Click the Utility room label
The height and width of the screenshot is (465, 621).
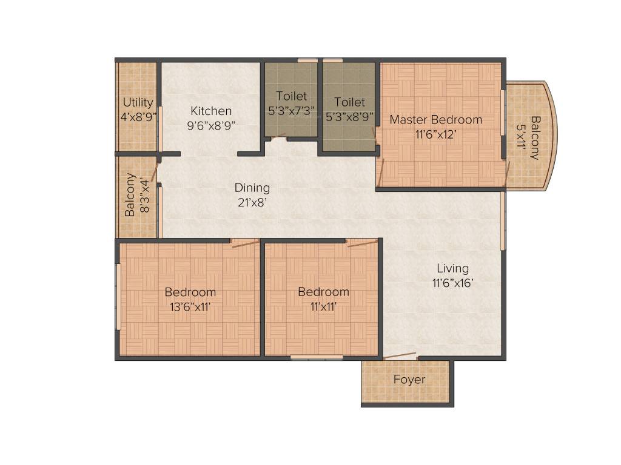pyautogui.click(x=138, y=102)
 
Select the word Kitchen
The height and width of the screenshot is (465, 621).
pyautogui.click(x=211, y=111)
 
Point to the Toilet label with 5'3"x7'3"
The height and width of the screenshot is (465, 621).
pyautogui.click(x=291, y=96)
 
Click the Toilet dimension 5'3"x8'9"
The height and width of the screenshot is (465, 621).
pyautogui.click(x=349, y=116)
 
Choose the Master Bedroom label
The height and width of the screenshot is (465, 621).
pyautogui.click(x=435, y=119)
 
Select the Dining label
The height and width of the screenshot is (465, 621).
pyautogui.click(x=252, y=188)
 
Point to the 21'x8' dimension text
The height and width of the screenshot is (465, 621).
pyautogui.click(x=252, y=202)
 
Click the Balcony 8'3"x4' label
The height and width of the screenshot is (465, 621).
pyautogui.click(x=136, y=194)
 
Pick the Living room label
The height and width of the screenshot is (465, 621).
pyautogui.click(x=452, y=268)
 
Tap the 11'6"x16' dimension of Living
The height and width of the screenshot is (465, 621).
pyautogui.click(x=452, y=282)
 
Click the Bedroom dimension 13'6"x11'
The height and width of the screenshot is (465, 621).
pyautogui.click(x=190, y=306)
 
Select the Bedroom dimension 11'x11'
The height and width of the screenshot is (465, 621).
pyautogui.click(x=323, y=306)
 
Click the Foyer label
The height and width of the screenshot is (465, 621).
pyautogui.click(x=409, y=380)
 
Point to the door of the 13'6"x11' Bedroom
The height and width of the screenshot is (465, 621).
pyautogui.click(x=245, y=243)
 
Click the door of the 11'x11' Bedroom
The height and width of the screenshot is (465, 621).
pyautogui.click(x=362, y=243)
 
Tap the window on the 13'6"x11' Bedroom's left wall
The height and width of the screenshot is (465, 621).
pyautogui.click(x=118, y=297)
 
